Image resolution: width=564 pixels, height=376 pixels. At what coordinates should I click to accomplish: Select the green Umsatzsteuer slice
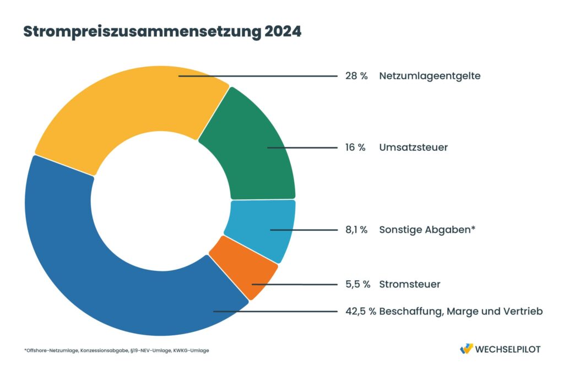click(251, 149)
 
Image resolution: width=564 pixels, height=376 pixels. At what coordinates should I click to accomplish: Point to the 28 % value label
click(356, 76)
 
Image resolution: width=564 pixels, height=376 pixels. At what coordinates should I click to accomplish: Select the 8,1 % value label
click(356, 230)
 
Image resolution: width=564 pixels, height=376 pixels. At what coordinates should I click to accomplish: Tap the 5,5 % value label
click(356, 284)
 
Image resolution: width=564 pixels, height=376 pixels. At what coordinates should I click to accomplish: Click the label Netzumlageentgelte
click(430, 76)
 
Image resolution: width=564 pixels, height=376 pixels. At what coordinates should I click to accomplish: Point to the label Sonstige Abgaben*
click(427, 230)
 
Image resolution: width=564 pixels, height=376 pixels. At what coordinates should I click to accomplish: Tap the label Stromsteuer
click(409, 284)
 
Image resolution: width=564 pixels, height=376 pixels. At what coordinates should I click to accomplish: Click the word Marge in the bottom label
click(462, 311)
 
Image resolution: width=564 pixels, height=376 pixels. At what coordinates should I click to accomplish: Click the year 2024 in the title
click(283, 32)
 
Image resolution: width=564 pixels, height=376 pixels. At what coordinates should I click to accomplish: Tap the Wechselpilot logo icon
click(466, 349)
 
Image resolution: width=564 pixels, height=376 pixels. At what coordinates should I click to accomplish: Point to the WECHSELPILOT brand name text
click(508, 349)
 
